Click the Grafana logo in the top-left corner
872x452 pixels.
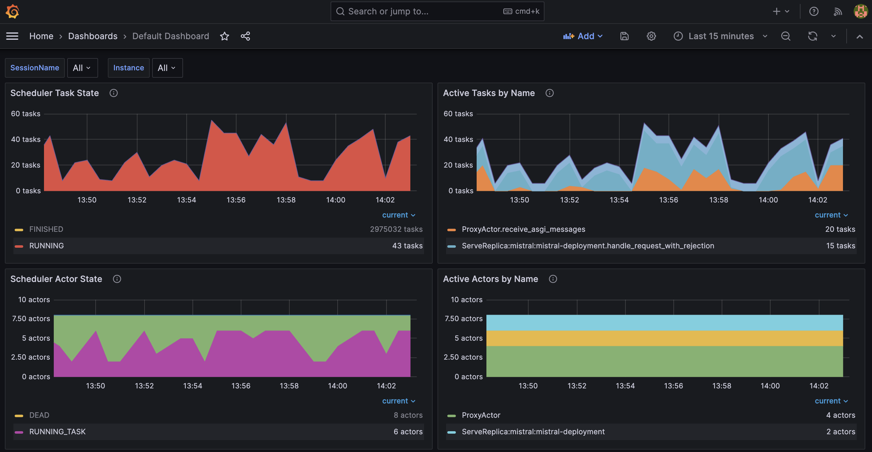13,12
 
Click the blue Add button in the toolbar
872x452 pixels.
583,36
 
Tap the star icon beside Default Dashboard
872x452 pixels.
225,36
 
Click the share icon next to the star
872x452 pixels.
245,36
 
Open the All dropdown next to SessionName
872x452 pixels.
82,68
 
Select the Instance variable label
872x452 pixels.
128,68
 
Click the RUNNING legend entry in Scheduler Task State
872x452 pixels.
46,246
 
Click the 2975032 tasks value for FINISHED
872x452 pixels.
396,229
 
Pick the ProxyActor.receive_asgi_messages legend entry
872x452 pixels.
523,229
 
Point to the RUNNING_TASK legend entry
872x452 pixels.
57,432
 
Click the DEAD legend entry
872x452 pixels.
39,415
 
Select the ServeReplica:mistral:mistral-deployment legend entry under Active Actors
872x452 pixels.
533,432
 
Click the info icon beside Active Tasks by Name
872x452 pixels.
549,93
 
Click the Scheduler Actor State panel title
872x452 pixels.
56,279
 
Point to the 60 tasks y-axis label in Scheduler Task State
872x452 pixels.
25,114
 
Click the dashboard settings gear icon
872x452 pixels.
651,36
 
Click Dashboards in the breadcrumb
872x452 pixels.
93,36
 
